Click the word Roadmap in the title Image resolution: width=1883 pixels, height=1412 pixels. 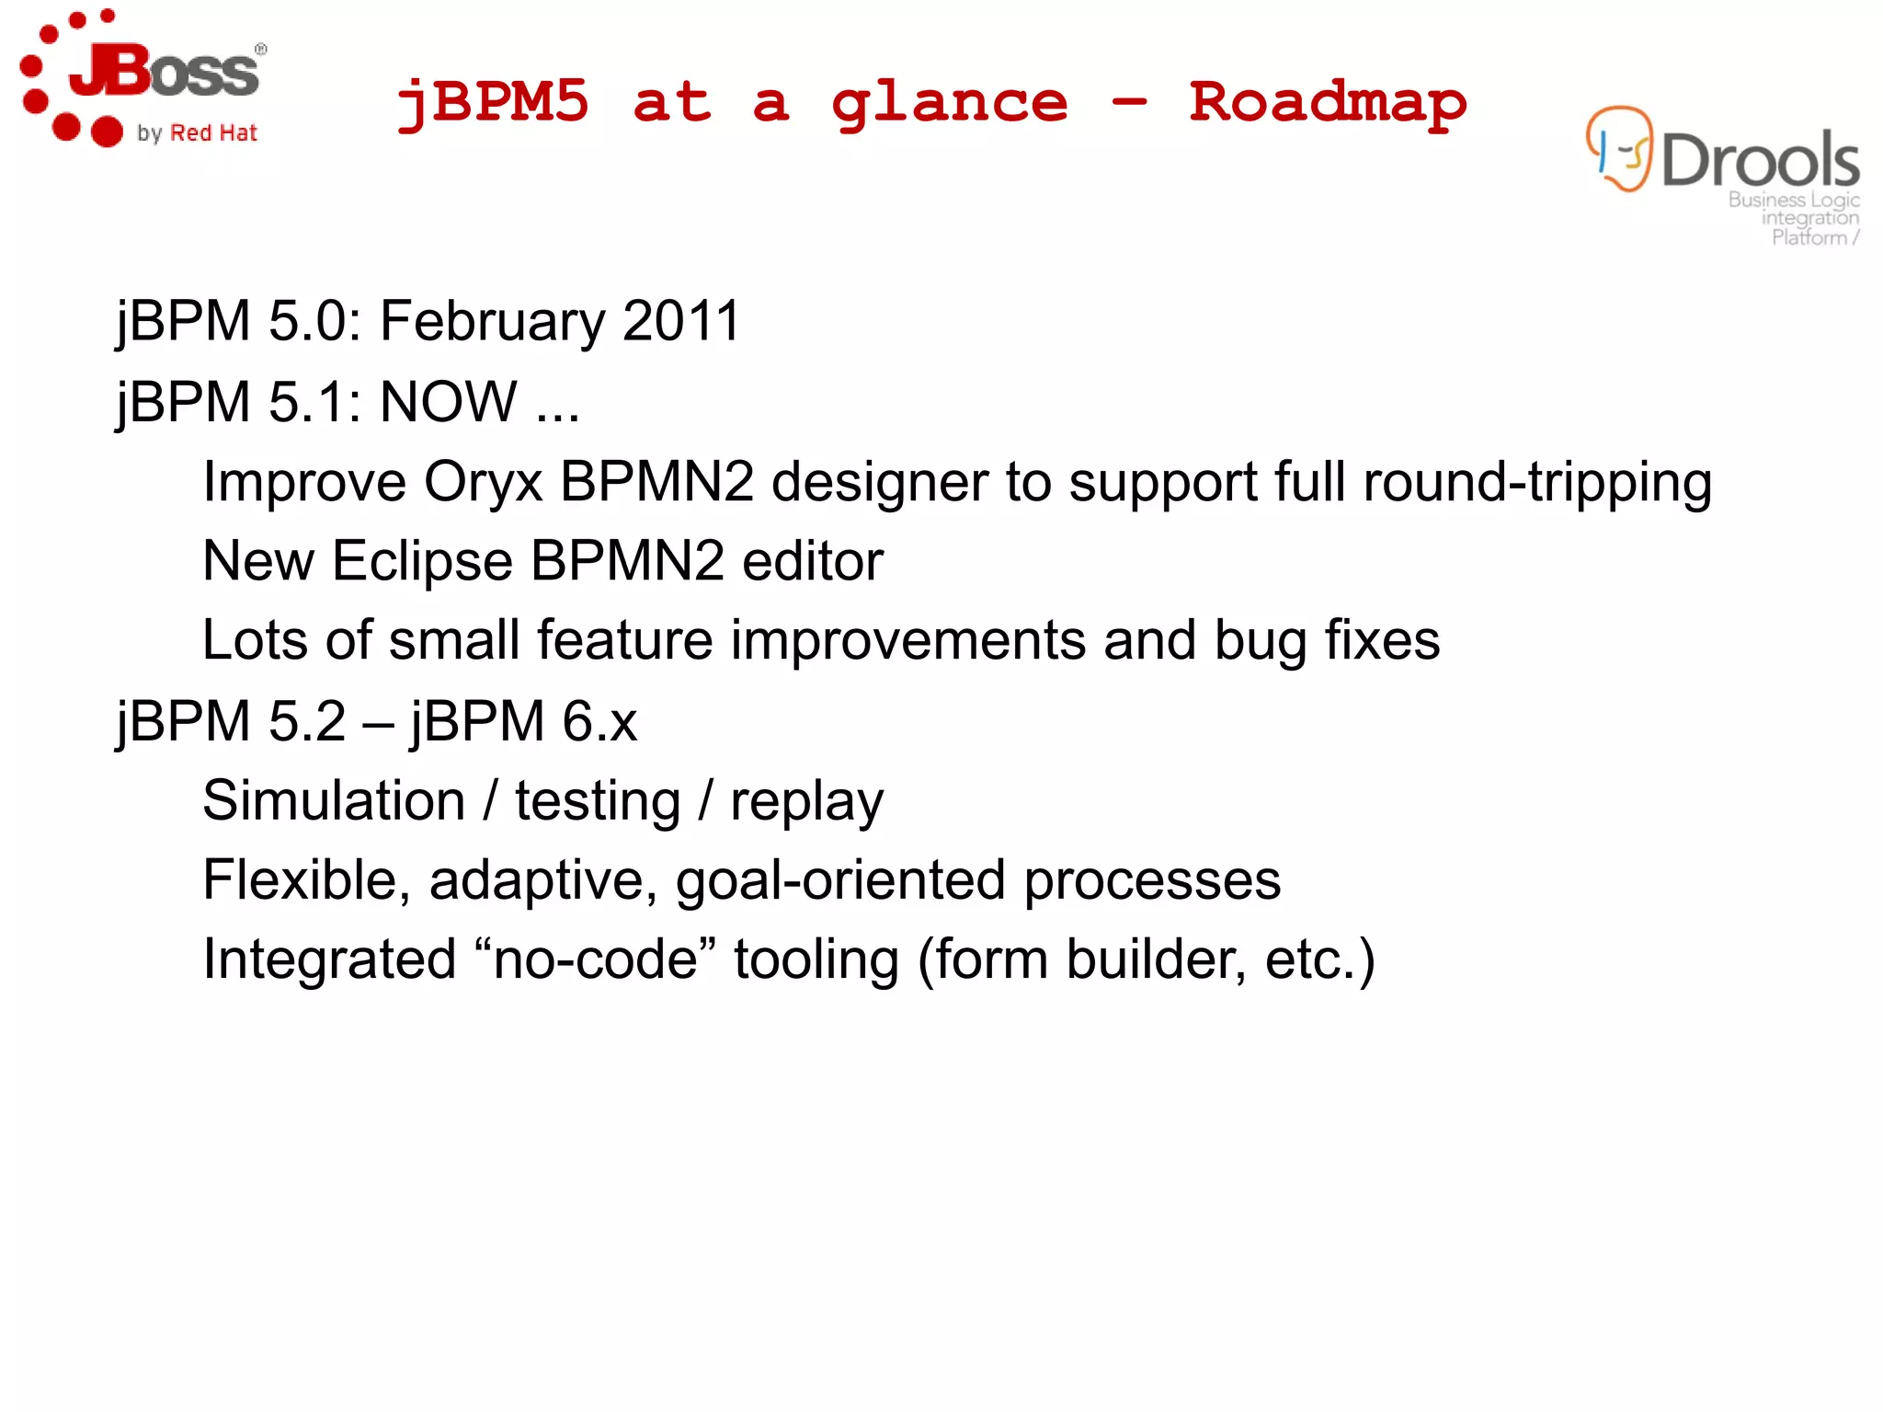[x=1327, y=103]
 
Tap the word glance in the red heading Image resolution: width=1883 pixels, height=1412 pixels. [x=949, y=103]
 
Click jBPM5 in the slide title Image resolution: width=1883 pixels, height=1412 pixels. [x=493, y=101]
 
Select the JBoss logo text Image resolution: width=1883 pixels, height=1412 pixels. [x=165, y=72]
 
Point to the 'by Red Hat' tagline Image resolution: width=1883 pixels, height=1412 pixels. [x=197, y=133]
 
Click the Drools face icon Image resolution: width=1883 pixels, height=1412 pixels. [x=1619, y=150]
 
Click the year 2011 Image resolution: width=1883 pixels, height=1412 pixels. [x=681, y=321]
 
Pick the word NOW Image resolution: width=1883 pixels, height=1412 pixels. [x=449, y=402]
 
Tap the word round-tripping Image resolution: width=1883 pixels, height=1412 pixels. [x=1536, y=482]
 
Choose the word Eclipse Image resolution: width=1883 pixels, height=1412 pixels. [x=422, y=561]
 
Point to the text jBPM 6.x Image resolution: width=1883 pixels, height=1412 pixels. [x=524, y=721]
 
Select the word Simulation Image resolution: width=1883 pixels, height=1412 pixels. [x=334, y=800]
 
